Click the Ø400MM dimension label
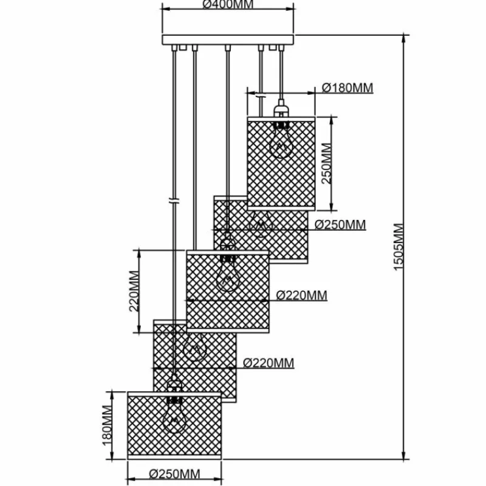click(228, 4)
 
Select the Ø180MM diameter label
click(347, 88)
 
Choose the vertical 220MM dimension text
click(135, 290)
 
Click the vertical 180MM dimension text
click(108, 423)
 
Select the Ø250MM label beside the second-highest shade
click(340, 225)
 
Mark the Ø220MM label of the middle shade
click(301, 296)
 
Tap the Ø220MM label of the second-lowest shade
click(268, 363)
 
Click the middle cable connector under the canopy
click(227, 48)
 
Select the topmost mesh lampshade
click(280, 162)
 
